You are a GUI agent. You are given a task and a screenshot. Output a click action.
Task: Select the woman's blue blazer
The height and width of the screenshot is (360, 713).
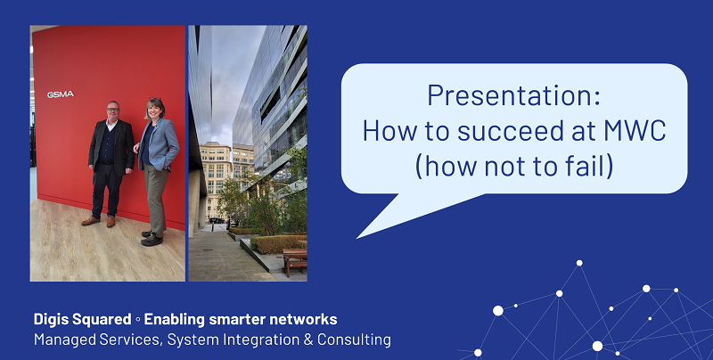pyautogui.click(x=159, y=143)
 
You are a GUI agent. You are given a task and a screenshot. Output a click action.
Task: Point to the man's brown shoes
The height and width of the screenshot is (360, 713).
pyautogui.click(x=99, y=220)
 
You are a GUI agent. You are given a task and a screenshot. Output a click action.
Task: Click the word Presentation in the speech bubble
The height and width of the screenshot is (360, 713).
pyautogui.click(x=488, y=96)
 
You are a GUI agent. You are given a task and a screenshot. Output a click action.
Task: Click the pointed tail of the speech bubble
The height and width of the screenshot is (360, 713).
pyautogui.click(x=365, y=233)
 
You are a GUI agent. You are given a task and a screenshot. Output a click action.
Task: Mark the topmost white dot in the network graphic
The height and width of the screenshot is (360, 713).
pyautogui.click(x=579, y=263)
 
